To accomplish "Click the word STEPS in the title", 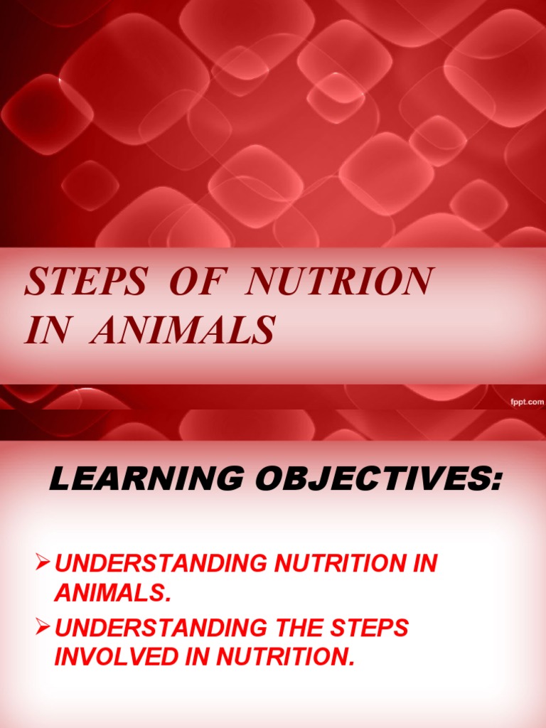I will click(85, 282).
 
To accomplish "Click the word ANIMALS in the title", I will click(181, 330).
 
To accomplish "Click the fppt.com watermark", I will click(527, 402).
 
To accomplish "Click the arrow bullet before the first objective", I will click(44, 563).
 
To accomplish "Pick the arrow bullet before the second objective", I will click(44, 628).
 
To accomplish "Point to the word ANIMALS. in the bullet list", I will click(113, 591).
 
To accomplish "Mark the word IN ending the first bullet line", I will click(424, 564).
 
